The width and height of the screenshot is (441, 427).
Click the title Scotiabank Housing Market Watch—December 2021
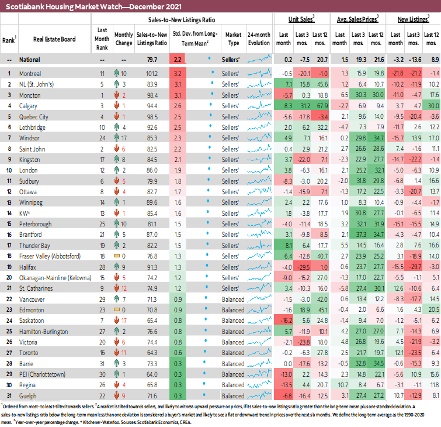93,7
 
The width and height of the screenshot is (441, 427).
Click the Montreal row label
30,74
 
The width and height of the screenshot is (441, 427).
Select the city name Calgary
29,105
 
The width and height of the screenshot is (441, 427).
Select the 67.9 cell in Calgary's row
321,105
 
